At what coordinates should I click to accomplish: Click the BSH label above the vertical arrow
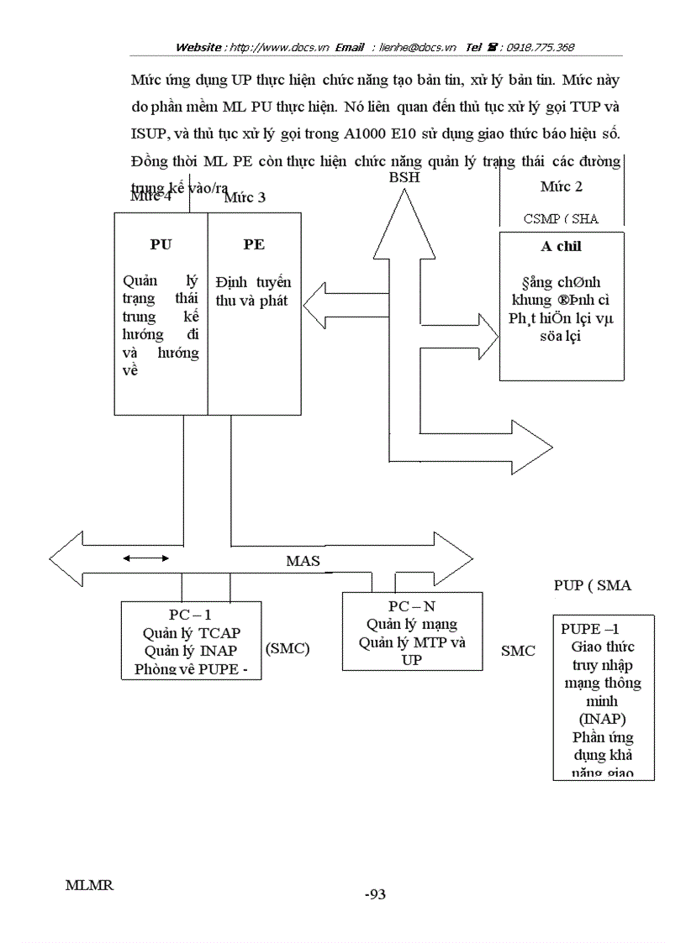[404, 177]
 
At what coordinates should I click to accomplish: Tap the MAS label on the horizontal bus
[303, 560]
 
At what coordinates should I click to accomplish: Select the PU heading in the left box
[161, 244]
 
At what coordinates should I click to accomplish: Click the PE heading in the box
[254, 244]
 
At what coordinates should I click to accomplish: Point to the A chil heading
[562, 247]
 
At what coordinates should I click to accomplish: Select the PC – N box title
[412, 606]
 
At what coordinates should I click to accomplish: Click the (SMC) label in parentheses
[288, 648]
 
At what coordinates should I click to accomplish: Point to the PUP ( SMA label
[592, 585]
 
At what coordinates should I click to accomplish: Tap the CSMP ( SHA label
[561, 218]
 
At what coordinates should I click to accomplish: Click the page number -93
[375, 894]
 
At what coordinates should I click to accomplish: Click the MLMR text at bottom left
[89, 885]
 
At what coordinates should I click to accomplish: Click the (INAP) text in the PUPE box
[602, 720]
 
